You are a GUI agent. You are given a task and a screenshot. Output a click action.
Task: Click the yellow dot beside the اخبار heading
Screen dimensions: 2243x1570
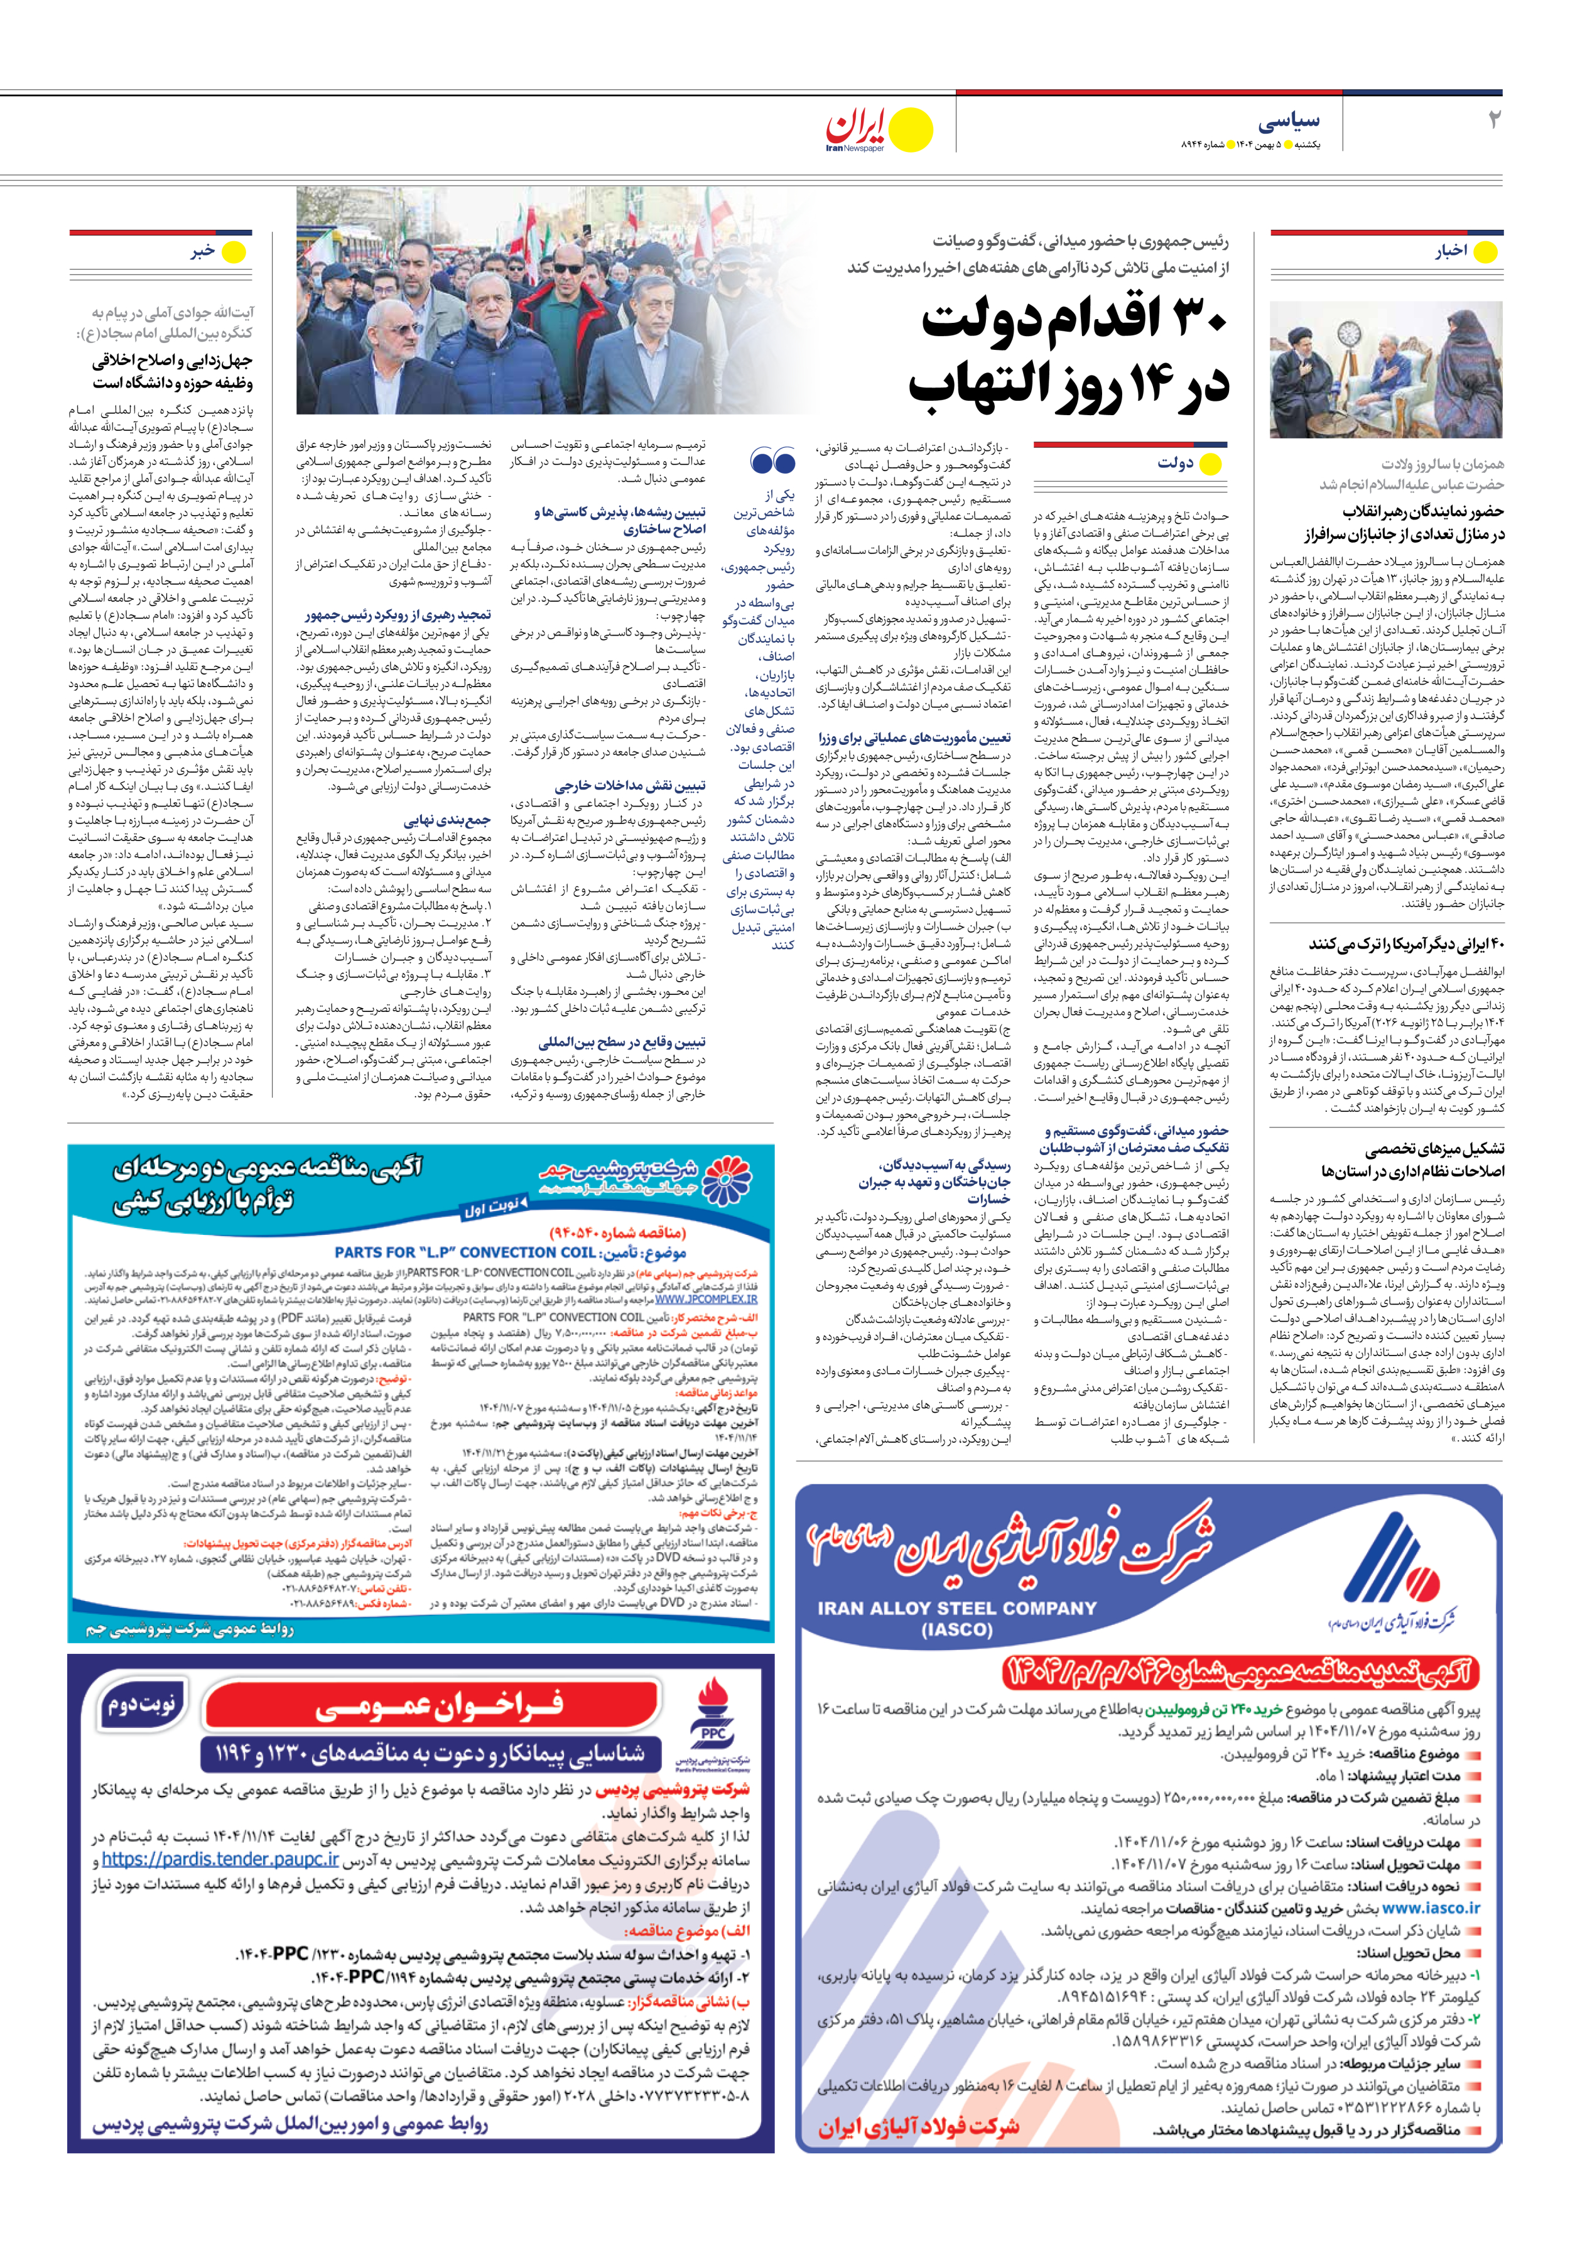pos(1485,252)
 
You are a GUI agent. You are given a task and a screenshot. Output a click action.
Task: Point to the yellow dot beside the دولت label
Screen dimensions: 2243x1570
pos(1211,464)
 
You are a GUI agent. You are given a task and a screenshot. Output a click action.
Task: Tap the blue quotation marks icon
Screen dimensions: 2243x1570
pos(772,460)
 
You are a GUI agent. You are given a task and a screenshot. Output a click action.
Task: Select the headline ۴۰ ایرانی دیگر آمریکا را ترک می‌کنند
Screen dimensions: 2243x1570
pos(1406,945)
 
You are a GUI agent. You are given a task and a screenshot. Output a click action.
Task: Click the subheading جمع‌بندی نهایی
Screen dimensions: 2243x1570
pos(448,820)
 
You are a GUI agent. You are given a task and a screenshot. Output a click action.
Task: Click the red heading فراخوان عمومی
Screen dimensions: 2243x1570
pos(439,1706)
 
